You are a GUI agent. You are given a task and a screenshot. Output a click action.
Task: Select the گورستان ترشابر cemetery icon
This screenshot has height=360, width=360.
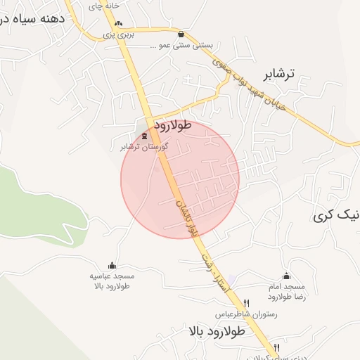(x=145, y=136)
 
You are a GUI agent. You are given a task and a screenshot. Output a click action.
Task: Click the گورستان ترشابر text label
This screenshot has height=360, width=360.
(x=143, y=147)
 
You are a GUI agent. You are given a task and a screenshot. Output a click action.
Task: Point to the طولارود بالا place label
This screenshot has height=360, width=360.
(x=215, y=330)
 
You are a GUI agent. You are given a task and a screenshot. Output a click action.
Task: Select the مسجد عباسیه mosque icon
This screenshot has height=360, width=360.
(x=112, y=264)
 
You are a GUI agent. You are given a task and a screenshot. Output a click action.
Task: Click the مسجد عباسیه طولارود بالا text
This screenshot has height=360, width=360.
(x=112, y=281)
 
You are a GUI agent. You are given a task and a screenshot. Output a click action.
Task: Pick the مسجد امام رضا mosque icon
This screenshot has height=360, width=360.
(x=285, y=276)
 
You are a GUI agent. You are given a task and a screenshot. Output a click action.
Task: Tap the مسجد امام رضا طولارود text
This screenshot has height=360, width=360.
(x=285, y=292)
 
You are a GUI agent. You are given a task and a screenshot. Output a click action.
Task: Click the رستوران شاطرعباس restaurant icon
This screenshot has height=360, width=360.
(x=245, y=303)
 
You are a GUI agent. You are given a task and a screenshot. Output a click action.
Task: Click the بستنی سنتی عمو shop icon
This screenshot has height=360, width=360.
(x=182, y=33)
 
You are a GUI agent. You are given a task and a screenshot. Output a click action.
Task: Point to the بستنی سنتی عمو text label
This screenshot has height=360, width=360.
(x=181, y=44)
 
